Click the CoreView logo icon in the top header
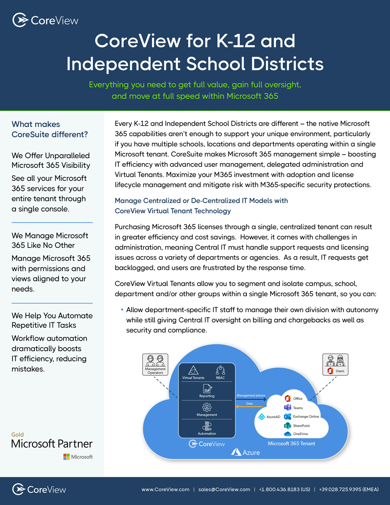coord(20,20)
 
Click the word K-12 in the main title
coord(236,41)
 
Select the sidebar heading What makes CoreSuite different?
coord(50,129)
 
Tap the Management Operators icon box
coord(155,364)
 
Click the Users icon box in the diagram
coord(335,364)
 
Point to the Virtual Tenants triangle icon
coord(193,370)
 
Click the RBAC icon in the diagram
coord(220,370)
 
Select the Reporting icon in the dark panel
coord(207,388)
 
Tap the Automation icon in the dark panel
coord(207,426)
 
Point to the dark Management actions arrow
coord(251,399)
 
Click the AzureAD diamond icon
coord(262,417)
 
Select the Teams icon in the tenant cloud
coord(288,407)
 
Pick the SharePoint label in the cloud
coord(301,426)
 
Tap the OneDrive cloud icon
coord(288,434)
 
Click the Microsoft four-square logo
coord(67,457)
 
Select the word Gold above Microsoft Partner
coord(18,434)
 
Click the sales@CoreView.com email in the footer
coord(224,489)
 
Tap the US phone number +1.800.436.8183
coord(284,489)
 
